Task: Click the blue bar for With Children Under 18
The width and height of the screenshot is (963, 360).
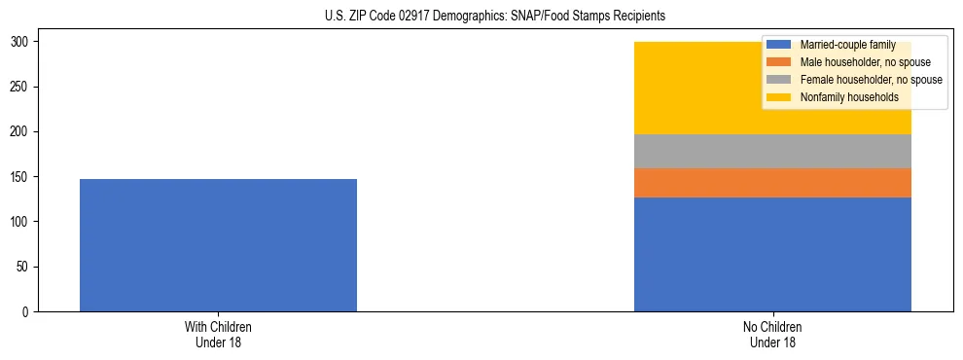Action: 218,245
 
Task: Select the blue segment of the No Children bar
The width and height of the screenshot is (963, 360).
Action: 772,254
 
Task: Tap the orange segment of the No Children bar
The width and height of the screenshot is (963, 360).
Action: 772,183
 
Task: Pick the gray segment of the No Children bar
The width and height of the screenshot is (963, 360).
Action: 772,151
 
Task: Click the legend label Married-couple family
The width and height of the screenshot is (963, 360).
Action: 844,45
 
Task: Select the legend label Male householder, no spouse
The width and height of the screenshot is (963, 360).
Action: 865,62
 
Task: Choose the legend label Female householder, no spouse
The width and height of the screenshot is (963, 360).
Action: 871,80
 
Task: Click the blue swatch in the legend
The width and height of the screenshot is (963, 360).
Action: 778,45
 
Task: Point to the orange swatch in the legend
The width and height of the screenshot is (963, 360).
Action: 778,62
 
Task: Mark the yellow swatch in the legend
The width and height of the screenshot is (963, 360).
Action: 778,97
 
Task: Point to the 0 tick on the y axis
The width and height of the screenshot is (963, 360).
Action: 27,311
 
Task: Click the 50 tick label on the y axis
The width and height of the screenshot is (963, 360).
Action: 24,267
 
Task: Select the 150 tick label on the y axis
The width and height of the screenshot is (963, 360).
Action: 21,177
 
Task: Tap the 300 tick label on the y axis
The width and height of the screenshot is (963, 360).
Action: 21,42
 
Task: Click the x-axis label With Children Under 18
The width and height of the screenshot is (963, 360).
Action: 218,335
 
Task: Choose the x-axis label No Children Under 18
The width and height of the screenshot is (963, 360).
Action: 772,335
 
